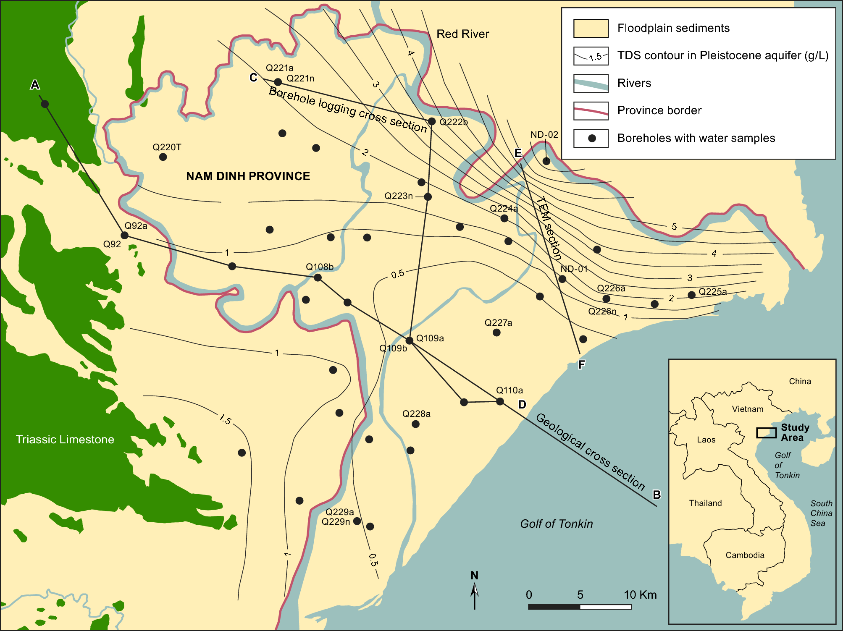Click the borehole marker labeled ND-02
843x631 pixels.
point(546,161)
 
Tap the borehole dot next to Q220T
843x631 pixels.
point(163,157)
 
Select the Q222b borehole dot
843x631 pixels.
point(432,121)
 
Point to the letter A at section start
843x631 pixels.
point(35,85)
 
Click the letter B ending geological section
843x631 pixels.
point(657,495)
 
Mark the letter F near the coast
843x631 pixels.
point(581,364)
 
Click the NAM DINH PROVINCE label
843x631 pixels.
point(248,176)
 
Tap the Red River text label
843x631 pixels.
point(462,34)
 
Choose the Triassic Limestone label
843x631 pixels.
point(65,439)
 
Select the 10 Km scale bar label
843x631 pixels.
point(640,594)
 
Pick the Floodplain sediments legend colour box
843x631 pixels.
point(591,29)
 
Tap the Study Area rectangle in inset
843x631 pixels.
point(766,433)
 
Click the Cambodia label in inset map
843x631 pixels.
point(745,555)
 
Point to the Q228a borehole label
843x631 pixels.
point(416,414)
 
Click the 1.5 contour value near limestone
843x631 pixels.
point(225,419)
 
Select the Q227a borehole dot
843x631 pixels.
point(496,333)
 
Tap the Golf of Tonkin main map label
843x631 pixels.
point(556,524)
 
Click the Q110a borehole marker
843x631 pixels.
point(500,401)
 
